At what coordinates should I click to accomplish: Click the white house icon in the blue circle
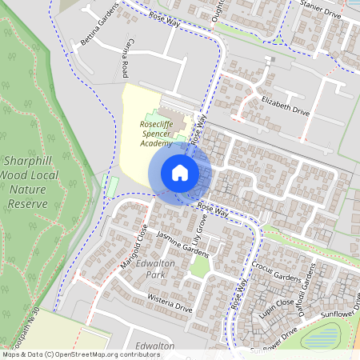(x=180, y=172)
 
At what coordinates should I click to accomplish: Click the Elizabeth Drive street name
(x=285, y=105)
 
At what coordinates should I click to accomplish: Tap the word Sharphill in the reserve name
(x=28, y=160)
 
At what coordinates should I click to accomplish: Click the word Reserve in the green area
(x=27, y=204)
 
